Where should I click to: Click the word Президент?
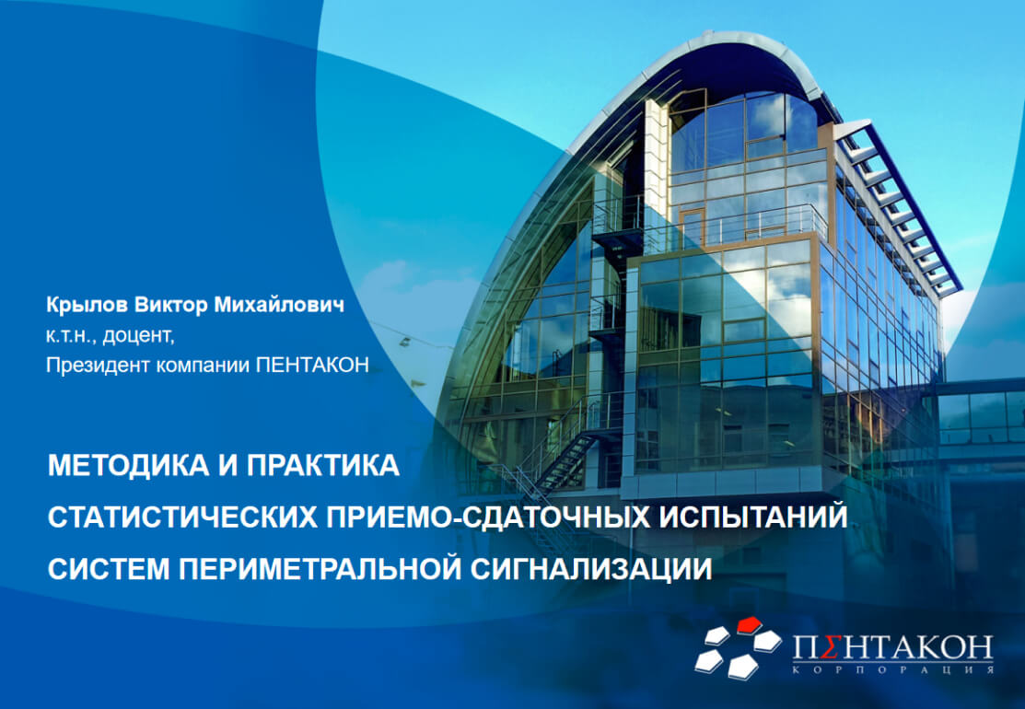98,365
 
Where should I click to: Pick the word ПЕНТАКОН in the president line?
312,365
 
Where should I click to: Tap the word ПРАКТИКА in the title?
323,465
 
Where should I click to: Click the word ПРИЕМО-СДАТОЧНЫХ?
489,517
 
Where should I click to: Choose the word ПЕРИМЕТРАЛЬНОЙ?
320,568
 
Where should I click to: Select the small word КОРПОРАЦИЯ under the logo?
893,669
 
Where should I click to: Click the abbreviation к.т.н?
71,335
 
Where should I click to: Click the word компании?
204,365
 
